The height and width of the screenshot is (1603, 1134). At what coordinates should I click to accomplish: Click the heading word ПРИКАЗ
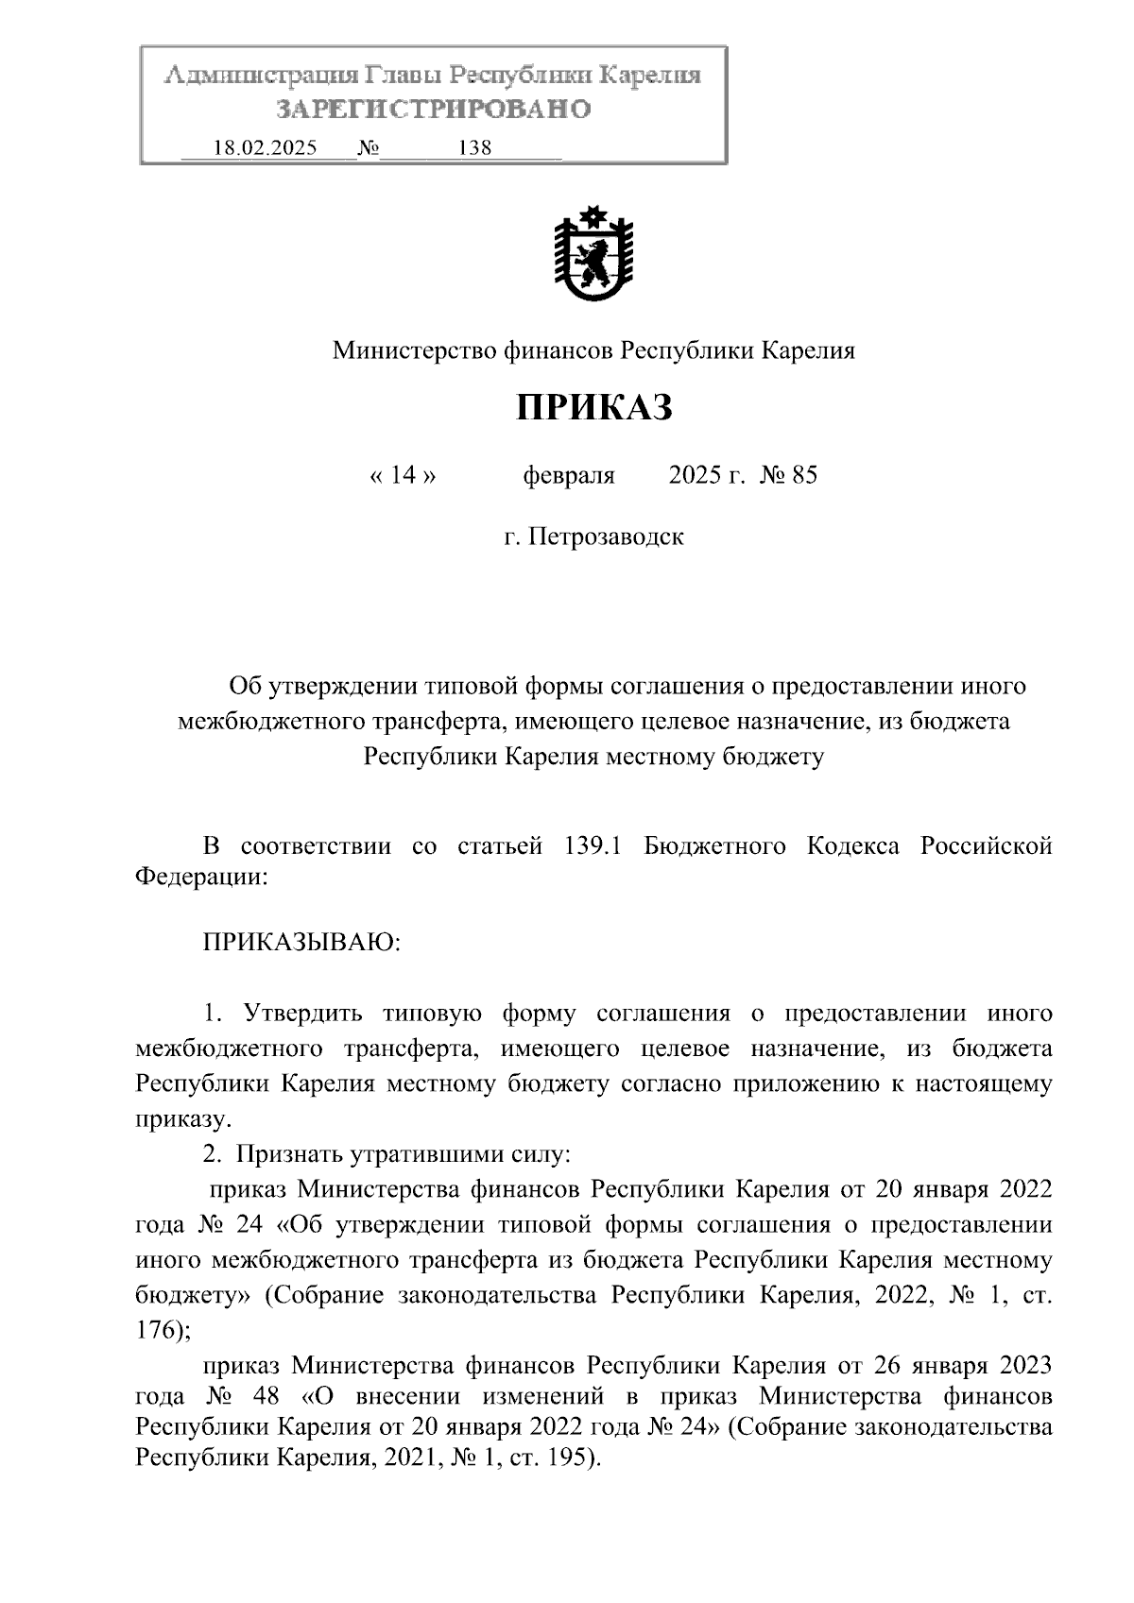coord(594,408)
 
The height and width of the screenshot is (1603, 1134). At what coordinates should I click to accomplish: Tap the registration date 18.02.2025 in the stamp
coord(266,148)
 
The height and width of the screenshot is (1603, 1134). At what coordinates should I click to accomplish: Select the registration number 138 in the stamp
coord(474,148)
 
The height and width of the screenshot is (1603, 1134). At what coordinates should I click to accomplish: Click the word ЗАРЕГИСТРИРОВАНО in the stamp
coord(434,110)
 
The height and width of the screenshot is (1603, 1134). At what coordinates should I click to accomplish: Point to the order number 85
coord(804,475)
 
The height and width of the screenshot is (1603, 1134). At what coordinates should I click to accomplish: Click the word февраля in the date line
coord(569,475)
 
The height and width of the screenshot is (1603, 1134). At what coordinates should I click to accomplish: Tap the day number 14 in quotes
coord(403,475)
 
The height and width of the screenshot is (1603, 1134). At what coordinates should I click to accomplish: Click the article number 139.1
coord(591,845)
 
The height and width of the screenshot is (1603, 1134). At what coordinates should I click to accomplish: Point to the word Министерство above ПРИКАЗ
coord(410,351)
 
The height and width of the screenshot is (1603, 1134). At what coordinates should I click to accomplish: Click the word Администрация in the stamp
coord(260,76)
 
